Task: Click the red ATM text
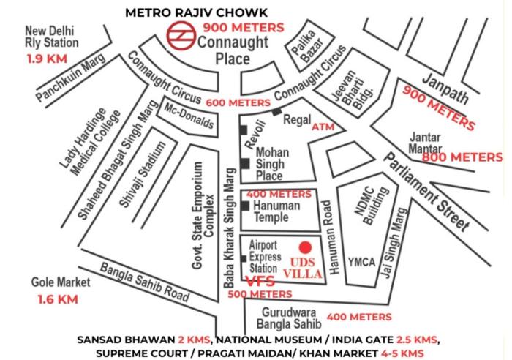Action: click(323, 127)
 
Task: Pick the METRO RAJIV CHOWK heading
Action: click(197, 12)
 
